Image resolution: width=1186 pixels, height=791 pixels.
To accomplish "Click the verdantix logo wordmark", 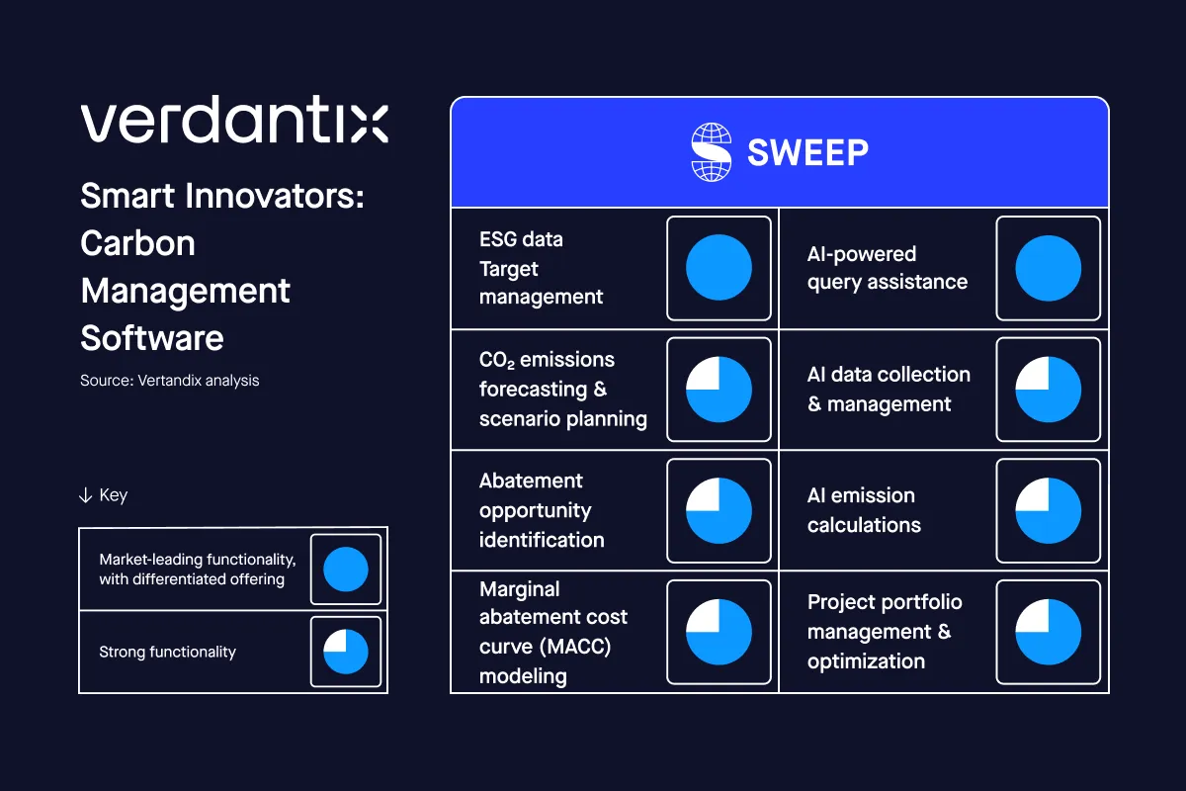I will [234, 122].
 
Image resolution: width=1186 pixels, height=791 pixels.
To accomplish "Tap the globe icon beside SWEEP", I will [711, 152].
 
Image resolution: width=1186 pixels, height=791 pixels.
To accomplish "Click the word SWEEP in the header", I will [807, 152].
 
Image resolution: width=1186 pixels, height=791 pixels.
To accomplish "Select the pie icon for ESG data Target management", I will [719, 268].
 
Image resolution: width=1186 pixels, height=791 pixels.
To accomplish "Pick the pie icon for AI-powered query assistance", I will [1048, 268].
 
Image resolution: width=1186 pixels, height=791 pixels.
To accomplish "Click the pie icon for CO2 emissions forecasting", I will [719, 390].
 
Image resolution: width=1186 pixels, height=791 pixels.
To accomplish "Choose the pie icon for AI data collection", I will [1048, 390].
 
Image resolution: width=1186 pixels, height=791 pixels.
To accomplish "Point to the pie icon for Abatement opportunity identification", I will [719, 510].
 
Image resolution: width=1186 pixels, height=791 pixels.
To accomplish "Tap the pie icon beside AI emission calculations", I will [1048, 510].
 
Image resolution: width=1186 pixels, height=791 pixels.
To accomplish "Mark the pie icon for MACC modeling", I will [719, 632].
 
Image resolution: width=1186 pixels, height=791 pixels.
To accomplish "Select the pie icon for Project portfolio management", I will [1048, 632].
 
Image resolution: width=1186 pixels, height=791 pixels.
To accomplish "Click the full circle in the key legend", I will [345, 570].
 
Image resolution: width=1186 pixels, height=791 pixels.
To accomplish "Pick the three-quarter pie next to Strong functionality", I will [345, 652].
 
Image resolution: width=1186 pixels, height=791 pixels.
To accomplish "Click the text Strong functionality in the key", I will [167, 652].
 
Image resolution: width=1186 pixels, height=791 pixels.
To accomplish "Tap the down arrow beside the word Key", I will [85, 495].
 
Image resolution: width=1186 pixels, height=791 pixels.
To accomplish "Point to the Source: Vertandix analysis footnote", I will [169, 380].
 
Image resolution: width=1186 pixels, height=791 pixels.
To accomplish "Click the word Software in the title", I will [151, 338].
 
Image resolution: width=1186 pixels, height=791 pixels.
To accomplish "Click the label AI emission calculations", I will [863, 510].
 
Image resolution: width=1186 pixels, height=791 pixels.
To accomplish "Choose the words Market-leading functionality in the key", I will [197, 560].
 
